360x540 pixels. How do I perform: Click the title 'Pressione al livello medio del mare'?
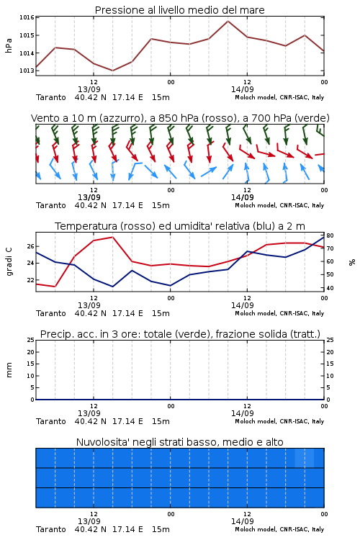tap(179, 10)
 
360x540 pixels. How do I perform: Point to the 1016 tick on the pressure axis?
tap(27, 17)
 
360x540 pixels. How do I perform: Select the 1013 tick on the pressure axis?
tap(27, 71)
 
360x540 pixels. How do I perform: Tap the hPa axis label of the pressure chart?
tap(9, 46)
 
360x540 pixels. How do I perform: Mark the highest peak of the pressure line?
tap(228, 21)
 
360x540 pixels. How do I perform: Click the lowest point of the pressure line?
tap(112, 71)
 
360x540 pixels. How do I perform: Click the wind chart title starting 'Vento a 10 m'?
tap(180, 118)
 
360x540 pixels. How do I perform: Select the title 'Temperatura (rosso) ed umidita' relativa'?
tap(180, 226)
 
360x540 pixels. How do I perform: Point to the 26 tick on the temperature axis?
tap(31, 246)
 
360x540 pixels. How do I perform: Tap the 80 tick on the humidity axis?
tap(330, 235)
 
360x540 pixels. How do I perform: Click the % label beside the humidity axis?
tap(352, 262)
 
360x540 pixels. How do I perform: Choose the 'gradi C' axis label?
tap(9, 261)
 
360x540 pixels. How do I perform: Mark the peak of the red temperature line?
tap(112, 237)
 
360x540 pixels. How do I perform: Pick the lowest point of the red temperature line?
tap(55, 287)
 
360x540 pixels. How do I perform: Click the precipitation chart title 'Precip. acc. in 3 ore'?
tap(180, 334)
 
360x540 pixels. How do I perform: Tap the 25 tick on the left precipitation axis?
tap(31, 340)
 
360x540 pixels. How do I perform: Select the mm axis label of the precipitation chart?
tap(9, 370)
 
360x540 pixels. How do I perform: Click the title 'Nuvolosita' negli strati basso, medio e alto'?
tap(179, 442)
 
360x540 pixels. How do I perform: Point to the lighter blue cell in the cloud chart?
tap(304, 458)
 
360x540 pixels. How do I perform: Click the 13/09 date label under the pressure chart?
tap(89, 89)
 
